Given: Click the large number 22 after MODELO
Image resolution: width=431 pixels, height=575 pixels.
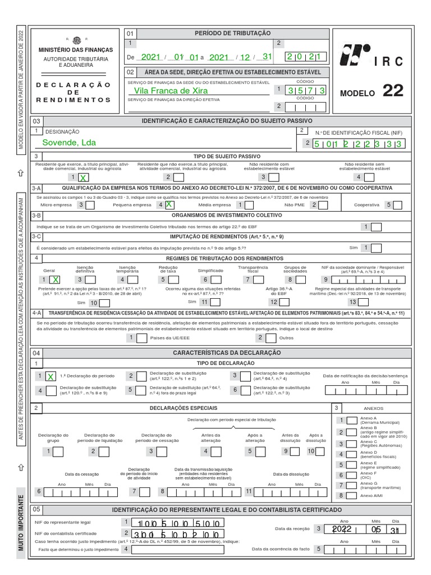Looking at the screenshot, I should (392, 91).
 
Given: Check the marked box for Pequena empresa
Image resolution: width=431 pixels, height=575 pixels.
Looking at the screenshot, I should (168, 206).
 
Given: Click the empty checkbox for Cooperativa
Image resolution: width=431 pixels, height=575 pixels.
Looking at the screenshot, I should (397, 206).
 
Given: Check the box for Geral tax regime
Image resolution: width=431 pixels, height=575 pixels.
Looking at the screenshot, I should (55, 279).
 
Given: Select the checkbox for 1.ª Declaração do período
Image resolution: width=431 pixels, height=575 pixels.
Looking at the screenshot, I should (51, 376).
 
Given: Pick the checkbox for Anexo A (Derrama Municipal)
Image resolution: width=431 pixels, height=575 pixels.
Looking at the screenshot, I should (351, 420).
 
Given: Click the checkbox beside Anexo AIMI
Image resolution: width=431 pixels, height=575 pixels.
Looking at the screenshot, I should (351, 495).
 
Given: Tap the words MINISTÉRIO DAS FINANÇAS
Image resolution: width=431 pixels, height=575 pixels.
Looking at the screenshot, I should (76, 50).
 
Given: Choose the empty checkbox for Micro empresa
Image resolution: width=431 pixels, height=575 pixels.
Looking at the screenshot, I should (90, 206).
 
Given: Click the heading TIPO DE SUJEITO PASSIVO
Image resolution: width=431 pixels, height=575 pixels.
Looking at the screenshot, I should (227, 156).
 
